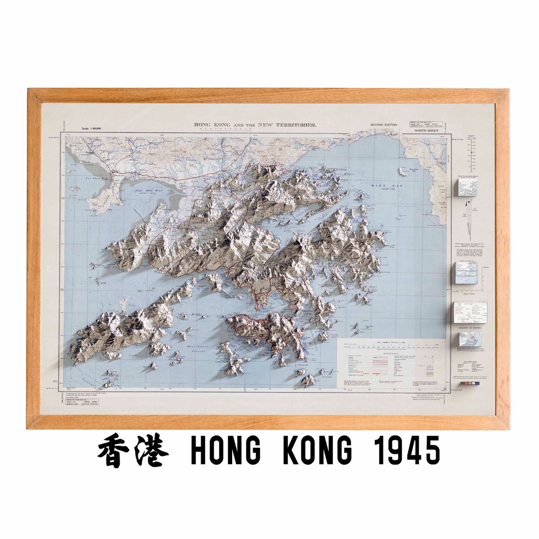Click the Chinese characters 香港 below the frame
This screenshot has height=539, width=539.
133,451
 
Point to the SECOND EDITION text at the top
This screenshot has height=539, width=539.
383,125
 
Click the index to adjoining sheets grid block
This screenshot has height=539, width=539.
467,187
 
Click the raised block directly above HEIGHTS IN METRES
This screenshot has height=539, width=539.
470,311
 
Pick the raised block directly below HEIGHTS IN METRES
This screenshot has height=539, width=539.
470,339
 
